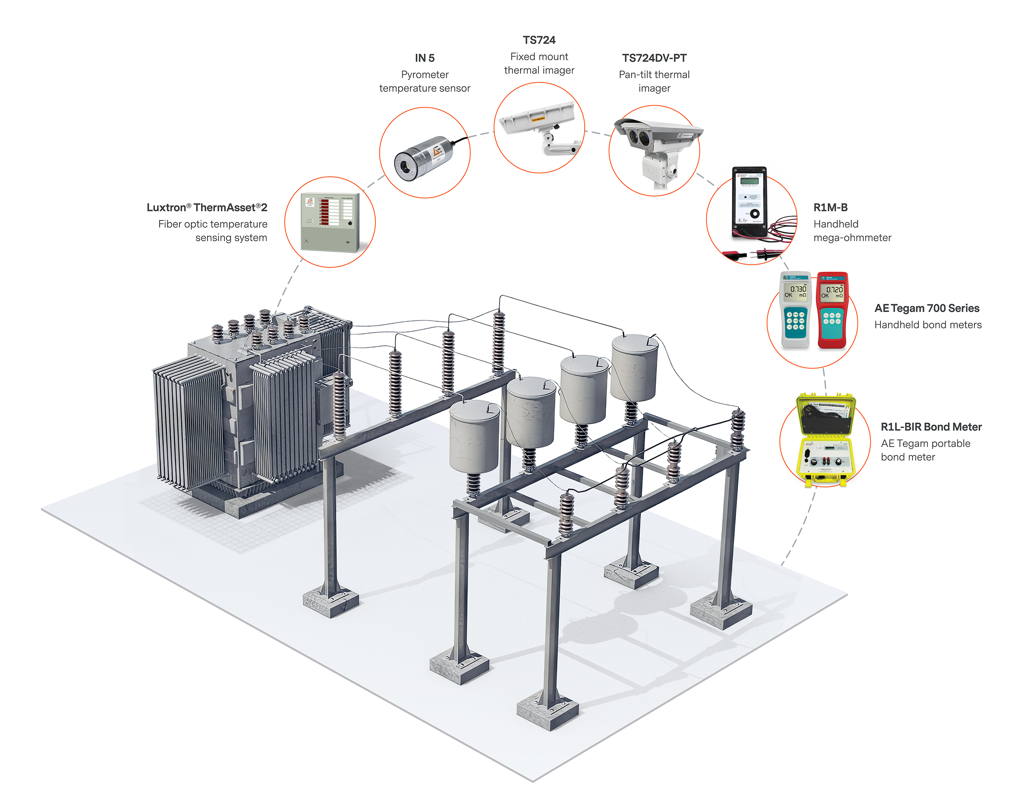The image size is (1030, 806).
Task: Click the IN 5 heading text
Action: click(x=424, y=58)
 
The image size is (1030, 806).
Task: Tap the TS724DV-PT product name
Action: click(x=654, y=58)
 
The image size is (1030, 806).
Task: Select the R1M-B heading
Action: click(x=830, y=207)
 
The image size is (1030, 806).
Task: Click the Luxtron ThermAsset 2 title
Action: click(x=207, y=207)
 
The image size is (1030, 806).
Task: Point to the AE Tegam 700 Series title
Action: click(x=927, y=308)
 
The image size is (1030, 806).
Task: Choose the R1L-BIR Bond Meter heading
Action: click(x=931, y=427)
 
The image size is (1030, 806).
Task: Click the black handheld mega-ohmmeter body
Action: click(x=749, y=200)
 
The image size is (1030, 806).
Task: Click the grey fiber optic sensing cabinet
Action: click(x=330, y=223)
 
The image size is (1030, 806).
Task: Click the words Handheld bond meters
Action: click(x=927, y=325)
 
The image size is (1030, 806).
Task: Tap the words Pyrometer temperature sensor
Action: click(x=424, y=81)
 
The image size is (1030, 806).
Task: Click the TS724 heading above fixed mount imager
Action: click(x=539, y=40)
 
